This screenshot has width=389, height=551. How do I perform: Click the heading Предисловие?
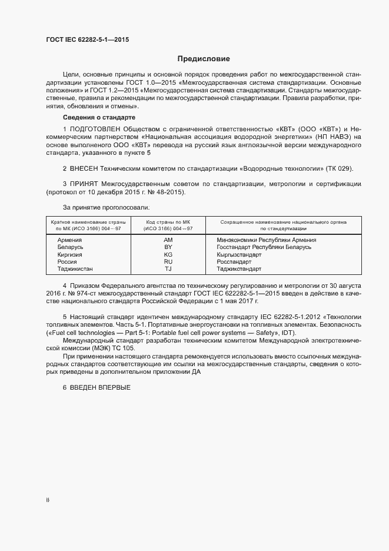pos(204,59)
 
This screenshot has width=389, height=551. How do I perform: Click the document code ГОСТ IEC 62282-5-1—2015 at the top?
pos(88,40)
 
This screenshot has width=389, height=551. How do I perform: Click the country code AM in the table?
pos(168,240)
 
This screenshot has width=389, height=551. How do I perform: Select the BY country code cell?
pos(168,247)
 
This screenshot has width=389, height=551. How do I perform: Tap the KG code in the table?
pos(168,254)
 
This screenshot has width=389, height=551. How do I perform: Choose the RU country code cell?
pos(168,261)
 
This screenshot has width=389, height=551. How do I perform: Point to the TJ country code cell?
pos(168,268)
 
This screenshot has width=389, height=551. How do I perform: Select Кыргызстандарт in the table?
pos(239,254)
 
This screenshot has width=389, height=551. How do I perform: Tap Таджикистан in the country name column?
pos(75,268)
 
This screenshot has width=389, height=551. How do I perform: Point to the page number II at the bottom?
pos(48,501)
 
